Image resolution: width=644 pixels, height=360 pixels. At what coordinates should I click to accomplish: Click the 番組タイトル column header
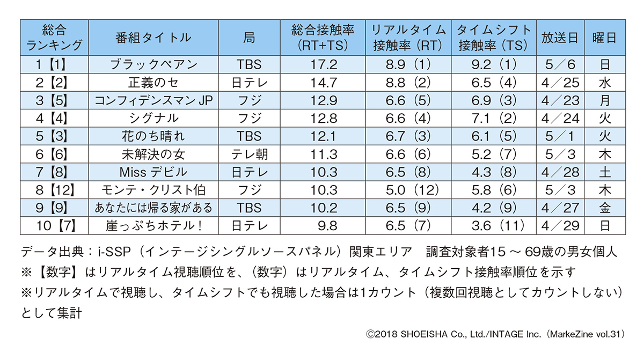[153, 38]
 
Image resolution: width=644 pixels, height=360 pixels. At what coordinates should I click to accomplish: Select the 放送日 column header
[560, 38]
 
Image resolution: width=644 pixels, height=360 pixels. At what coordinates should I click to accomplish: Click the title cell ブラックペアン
[153, 65]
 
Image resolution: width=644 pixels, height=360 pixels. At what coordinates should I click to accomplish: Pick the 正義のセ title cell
[153, 83]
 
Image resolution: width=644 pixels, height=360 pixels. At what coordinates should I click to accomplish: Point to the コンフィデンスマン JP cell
[153, 101]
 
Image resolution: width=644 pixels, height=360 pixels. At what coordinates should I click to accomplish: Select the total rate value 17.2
[324, 65]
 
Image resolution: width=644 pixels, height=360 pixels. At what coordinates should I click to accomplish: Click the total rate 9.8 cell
[324, 226]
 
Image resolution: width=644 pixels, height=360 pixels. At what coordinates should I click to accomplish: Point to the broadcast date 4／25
[560, 83]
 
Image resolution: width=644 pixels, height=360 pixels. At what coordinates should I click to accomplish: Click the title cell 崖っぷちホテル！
[153, 226]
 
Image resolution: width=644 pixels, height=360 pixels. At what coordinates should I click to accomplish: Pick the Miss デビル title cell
[153, 172]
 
